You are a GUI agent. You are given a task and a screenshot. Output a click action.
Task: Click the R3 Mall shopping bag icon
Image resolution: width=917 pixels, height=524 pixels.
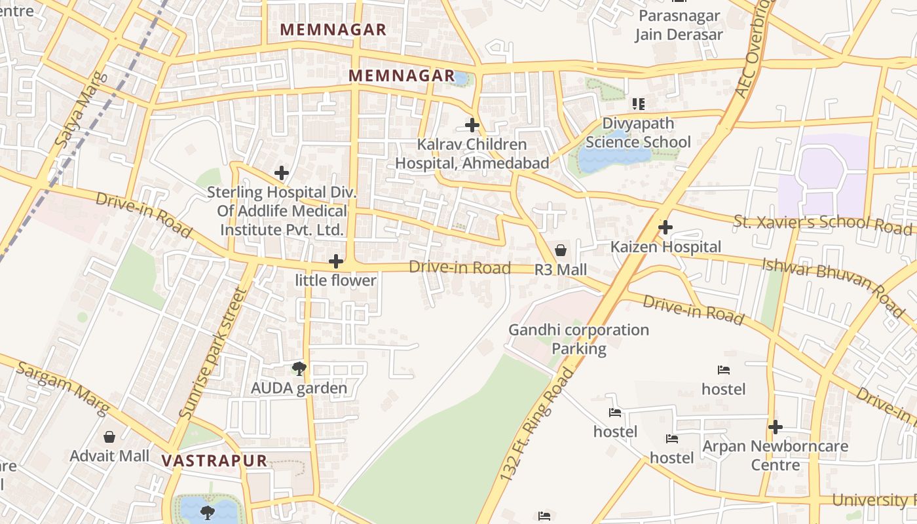[561, 250]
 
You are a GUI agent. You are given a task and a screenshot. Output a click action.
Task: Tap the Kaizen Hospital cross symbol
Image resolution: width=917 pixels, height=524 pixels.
[665, 228]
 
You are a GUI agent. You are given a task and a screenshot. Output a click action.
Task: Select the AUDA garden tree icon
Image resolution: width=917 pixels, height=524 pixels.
[299, 369]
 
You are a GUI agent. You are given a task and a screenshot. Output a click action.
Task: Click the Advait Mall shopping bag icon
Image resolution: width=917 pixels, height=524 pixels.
[109, 436]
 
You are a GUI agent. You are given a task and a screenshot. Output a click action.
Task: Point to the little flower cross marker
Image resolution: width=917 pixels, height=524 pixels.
[336, 261]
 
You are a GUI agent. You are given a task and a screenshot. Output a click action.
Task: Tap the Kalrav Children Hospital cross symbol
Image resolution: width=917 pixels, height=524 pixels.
[472, 124]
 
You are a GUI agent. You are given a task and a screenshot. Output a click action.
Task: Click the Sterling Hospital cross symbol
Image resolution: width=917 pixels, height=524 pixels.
[282, 173]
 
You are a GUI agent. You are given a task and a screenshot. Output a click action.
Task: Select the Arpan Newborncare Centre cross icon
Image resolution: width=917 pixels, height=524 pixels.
[776, 427]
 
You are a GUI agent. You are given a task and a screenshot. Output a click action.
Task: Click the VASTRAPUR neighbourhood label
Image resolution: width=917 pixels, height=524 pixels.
[214, 460]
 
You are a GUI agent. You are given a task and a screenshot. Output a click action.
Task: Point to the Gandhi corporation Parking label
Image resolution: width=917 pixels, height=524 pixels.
[579, 339]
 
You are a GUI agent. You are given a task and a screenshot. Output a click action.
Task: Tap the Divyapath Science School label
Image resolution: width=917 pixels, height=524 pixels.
[638, 133]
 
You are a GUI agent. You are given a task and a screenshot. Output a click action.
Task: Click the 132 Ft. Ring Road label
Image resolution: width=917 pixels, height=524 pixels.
[535, 426]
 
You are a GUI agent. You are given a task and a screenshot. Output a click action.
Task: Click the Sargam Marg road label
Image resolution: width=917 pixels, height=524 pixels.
[63, 387]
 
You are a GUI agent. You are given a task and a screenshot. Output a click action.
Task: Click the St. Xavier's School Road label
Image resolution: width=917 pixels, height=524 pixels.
[822, 223]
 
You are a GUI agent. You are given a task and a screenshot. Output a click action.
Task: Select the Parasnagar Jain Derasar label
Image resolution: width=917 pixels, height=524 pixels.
[679, 25]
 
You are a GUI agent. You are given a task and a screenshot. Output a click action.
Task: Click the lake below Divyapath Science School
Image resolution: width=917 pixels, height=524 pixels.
[612, 157]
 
